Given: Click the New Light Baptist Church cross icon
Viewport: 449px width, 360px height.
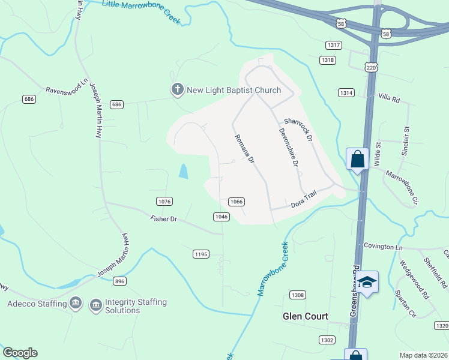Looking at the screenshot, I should tap(177, 90).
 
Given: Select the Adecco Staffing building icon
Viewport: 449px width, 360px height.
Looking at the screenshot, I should tap(76, 304).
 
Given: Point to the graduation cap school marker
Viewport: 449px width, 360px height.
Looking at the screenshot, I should tap(368, 281).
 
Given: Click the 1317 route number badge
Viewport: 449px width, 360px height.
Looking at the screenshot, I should tap(333, 46).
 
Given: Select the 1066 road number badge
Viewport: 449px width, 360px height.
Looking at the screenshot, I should tap(237, 202).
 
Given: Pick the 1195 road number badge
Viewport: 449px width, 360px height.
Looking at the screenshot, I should tap(201, 254).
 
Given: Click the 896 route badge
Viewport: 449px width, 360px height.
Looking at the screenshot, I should tap(120, 281).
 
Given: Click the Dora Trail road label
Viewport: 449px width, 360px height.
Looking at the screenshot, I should tap(303, 198).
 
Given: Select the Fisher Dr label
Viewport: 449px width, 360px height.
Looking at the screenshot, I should tap(164, 220).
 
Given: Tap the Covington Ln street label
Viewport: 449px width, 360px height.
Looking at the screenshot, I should tap(382, 247).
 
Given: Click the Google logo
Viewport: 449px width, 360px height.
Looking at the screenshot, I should tap(20, 353).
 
